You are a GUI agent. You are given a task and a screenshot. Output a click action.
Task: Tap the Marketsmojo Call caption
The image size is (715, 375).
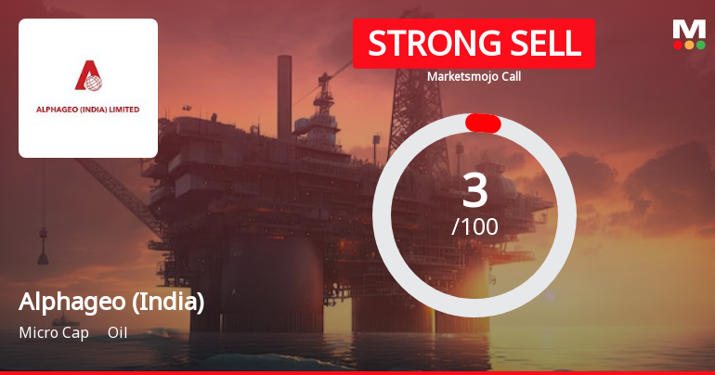point(474,76)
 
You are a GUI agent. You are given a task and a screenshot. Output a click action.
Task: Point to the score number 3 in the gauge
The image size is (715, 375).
point(474,191)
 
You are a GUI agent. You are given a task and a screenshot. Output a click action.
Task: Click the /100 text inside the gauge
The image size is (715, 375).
point(474,226)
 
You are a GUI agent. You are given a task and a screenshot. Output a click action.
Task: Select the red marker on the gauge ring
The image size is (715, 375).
point(483,123)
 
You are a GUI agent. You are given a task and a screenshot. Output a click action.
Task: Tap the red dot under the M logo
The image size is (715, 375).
point(678,45)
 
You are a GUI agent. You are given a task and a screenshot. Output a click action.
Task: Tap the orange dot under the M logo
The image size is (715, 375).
point(689,45)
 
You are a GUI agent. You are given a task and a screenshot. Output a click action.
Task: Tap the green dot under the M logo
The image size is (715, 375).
point(700,45)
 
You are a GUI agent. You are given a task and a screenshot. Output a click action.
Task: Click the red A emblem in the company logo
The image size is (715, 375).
point(88,78)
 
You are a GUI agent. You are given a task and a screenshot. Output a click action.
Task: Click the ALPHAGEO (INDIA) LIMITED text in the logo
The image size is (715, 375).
point(88,110)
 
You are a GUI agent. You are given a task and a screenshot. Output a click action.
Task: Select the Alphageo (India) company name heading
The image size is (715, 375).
point(111,302)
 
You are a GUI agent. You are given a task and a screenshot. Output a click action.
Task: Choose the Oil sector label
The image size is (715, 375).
point(117,332)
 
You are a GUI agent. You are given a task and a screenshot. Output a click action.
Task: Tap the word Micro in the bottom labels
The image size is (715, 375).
point(36,332)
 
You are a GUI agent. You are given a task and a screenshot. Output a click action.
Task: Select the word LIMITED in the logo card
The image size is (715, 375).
point(123,110)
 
